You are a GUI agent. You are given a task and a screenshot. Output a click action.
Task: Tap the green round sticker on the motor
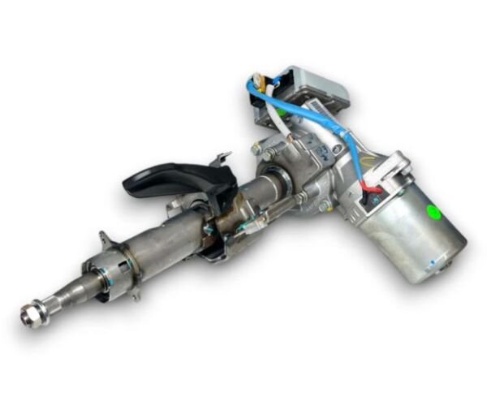pos(434,213)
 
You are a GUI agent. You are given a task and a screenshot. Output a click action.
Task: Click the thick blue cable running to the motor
pos(341,130)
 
